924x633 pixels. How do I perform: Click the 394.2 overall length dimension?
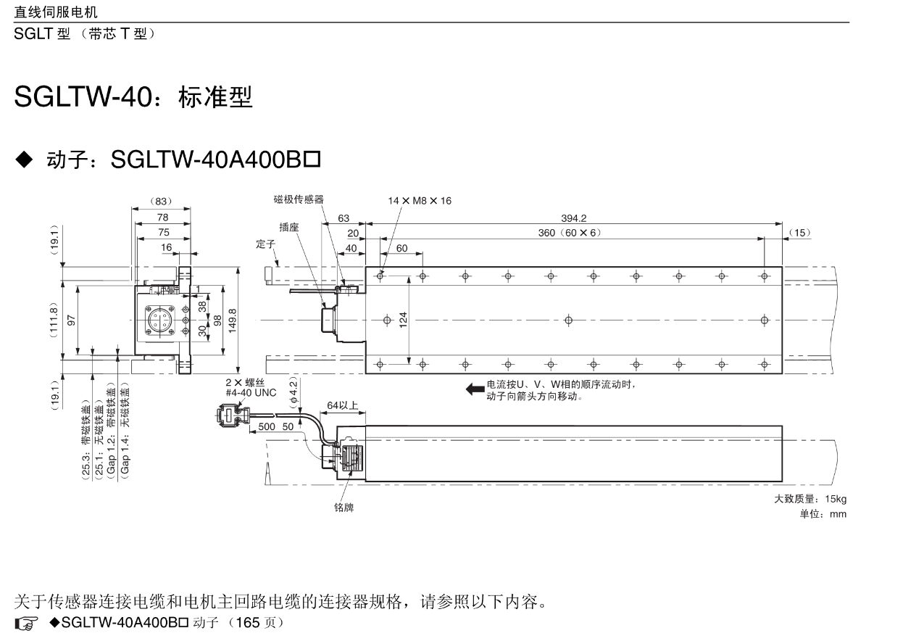[573, 218]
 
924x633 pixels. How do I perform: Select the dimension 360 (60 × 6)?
[568, 233]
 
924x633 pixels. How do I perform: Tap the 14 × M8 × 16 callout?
[420, 201]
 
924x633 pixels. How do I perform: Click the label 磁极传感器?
[299, 199]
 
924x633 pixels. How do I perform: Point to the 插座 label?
[289, 227]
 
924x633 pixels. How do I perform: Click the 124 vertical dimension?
[403, 319]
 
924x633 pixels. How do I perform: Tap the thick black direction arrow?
[475, 389]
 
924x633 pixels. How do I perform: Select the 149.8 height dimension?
[233, 320]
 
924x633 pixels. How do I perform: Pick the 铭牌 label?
[344, 508]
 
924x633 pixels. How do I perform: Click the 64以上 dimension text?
[343, 405]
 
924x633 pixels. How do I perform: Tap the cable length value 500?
[267, 426]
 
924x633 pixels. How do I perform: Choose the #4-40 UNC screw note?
[251, 393]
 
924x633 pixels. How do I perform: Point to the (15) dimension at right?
[799, 233]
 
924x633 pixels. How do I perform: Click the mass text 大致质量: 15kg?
[810, 499]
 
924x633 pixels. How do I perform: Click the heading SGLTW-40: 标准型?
[133, 97]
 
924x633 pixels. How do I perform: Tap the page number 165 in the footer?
[246, 623]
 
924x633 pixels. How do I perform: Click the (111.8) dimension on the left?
[54, 320]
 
